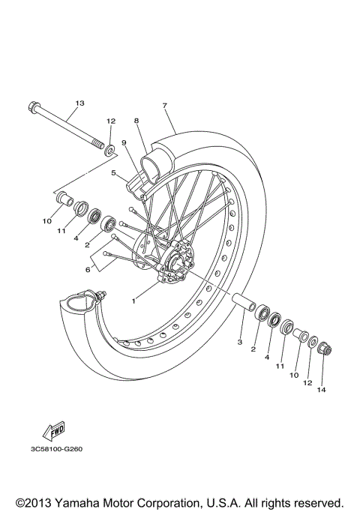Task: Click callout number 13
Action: tap(80, 102)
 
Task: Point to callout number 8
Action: tap(137, 121)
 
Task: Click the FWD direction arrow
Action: tap(55, 430)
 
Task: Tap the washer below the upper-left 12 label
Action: tap(111, 151)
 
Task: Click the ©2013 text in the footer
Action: tap(36, 501)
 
